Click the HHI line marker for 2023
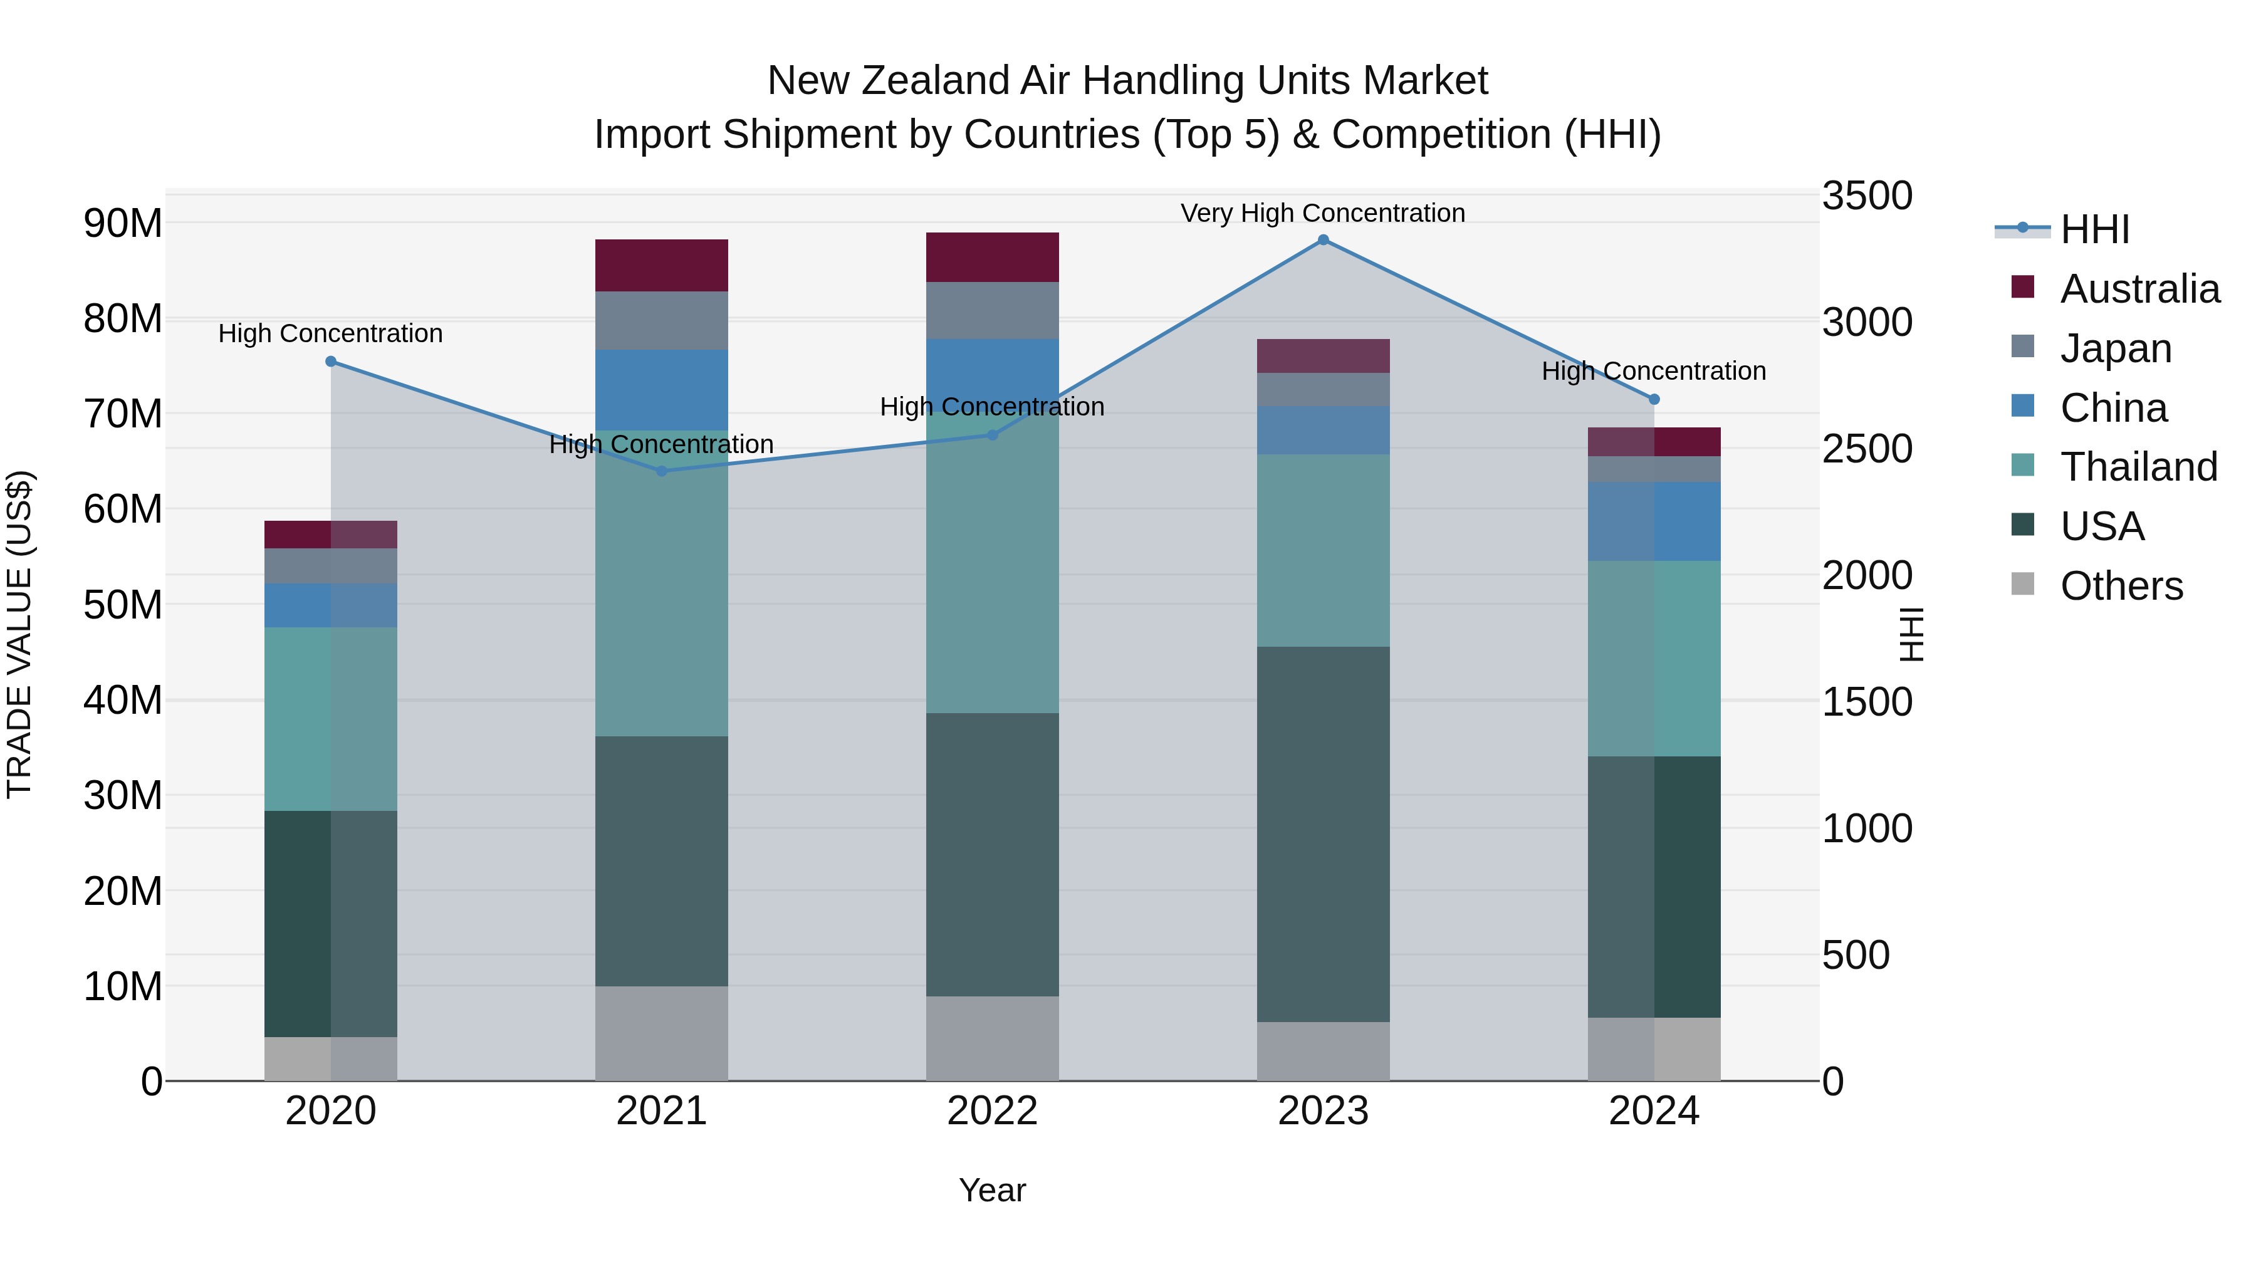1324,240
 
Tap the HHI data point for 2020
331,362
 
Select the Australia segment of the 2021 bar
661,265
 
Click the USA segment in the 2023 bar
1324,833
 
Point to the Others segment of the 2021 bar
661,1033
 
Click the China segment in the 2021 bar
661,390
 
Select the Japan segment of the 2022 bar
992,310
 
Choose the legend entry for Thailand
2139,467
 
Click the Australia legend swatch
2023,287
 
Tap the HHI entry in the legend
2094,229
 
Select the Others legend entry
2121,586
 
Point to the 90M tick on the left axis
123,224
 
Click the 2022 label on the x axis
992,1111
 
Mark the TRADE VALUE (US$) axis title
20,634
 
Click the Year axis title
992,1190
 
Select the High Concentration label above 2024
1654,372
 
